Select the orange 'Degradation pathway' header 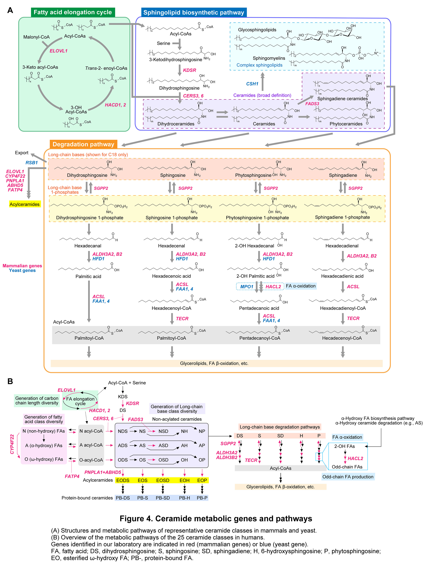(83, 144)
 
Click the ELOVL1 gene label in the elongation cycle (58, 51)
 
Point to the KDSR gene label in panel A (190, 70)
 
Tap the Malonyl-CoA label (36, 37)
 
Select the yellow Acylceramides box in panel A (25, 204)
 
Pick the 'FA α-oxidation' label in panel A (301, 286)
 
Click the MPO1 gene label (247, 287)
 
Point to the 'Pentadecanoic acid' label (259, 308)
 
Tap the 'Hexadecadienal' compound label (342, 246)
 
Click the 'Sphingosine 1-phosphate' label (172, 218)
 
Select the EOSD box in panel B (163, 480)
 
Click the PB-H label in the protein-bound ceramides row (185, 498)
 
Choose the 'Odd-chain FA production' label (348, 477)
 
